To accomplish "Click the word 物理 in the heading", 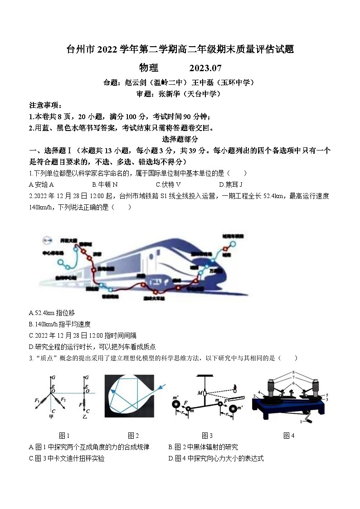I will tap(149, 68).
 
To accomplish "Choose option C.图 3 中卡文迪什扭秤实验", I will tap(66, 458).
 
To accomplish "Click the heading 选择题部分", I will tap(180, 139).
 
